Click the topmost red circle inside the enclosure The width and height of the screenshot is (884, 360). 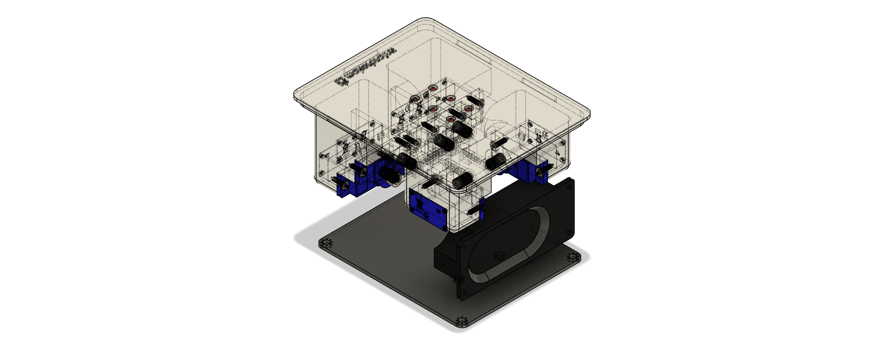tap(433, 88)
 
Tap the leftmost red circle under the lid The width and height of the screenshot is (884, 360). tap(415, 99)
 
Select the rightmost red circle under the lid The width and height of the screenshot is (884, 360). tap(468, 109)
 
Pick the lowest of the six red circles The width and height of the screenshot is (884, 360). tap(451, 119)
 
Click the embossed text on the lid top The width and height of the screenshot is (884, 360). tap(366, 68)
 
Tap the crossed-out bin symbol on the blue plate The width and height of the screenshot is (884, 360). tap(419, 202)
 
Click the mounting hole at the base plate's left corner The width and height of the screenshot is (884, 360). tap(327, 243)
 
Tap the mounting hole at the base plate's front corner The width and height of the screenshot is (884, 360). tap(461, 321)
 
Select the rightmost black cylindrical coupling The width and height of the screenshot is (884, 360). tap(495, 162)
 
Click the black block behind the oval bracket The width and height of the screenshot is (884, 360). tap(444, 258)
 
